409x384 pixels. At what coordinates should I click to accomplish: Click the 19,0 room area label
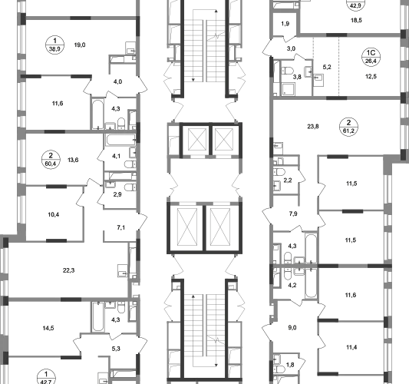point(80,45)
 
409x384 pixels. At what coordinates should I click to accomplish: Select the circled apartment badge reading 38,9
point(54,45)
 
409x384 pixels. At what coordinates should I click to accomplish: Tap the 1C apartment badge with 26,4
point(371,57)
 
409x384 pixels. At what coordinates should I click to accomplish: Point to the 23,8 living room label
point(313,127)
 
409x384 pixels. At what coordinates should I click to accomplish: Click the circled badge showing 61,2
point(348,127)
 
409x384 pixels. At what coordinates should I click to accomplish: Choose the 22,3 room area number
point(68,270)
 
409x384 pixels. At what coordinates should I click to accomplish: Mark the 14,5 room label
point(48,328)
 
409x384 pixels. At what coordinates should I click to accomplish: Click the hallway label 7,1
point(120,227)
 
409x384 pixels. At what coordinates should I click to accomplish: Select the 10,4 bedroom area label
point(54,214)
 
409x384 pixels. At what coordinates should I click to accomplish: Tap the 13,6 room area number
point(73,160)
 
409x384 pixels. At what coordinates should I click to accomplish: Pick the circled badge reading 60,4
point(51,160)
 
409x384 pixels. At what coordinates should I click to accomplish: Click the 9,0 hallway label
point(292,328)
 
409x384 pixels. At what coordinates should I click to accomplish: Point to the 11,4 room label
point(351,347)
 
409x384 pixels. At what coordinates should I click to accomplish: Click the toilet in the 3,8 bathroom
point(287,71)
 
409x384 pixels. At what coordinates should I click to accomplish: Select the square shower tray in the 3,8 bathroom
point(289,89)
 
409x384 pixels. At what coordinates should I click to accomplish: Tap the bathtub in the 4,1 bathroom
point(120,140)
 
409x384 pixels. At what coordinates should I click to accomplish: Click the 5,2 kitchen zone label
point(327,67)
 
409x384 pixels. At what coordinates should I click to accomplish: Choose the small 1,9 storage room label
point(285,24)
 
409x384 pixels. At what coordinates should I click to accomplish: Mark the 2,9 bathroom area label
point(117,194)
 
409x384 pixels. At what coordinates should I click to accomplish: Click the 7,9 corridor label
point(293,214)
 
